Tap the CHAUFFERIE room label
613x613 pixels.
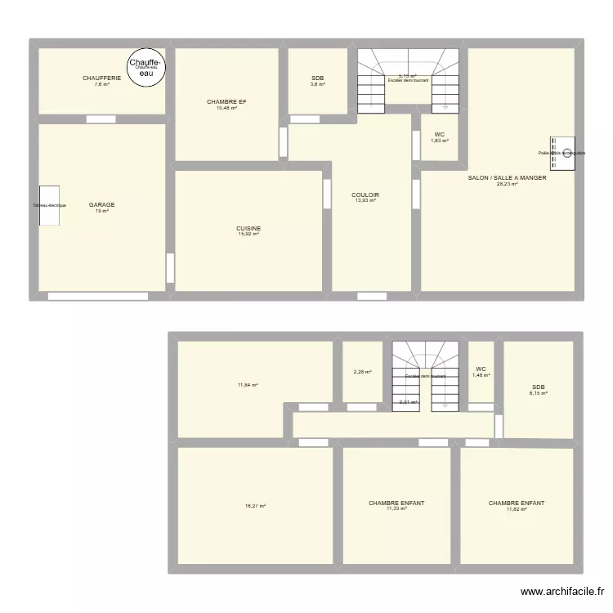101,78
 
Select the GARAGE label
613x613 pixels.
102,205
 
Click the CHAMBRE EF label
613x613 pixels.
226,101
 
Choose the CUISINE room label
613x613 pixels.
248,228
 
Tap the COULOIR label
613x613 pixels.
365,195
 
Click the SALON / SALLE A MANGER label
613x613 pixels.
507,177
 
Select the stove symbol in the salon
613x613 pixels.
562,154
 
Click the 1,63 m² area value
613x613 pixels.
440,141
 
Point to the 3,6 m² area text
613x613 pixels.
317,84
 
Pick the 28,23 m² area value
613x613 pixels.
507,184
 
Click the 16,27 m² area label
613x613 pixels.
254,506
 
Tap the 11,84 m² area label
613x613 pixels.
248,385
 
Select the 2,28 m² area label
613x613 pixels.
362,373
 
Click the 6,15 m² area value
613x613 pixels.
538,393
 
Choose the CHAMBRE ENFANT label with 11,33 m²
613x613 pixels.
396,503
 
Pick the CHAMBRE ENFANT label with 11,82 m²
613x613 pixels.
517,503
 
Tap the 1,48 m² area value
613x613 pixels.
481,375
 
